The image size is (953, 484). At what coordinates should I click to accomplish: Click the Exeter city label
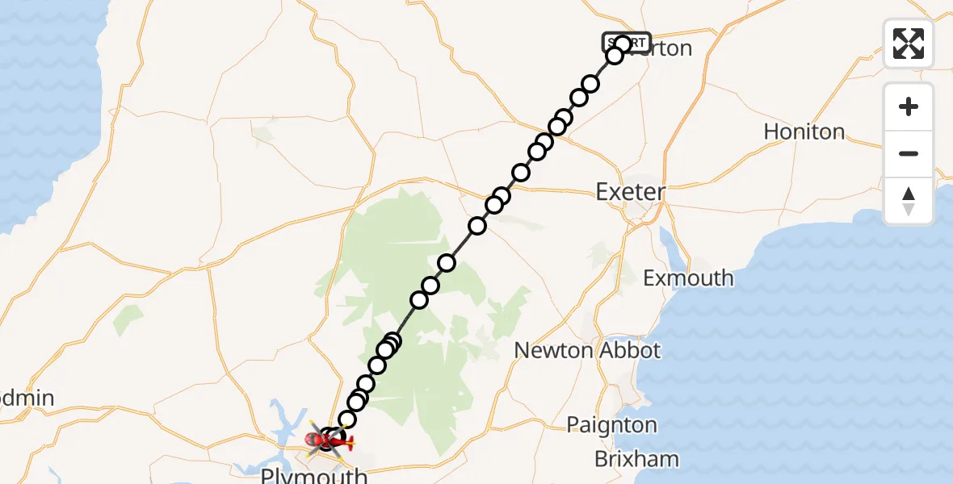[x=630, y=192]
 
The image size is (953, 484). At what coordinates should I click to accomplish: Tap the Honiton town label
[x=804, y=131]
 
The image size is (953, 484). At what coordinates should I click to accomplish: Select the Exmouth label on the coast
[x=688, y=278]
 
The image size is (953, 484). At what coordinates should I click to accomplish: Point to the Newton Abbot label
[x=587, y=350]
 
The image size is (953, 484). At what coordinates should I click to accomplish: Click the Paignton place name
[x=611, y=425]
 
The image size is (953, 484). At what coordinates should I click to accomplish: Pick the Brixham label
[x=636, y=459]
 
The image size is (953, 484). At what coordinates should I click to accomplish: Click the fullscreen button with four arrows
[x=909, y=44]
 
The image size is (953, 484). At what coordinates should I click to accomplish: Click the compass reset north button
[x=909, y=201]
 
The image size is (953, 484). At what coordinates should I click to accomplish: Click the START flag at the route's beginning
[x=627, y=41]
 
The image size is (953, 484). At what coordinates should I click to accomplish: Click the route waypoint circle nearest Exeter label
[x=521, y=173]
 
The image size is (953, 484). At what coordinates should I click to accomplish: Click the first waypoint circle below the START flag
[x=615, y=56]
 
